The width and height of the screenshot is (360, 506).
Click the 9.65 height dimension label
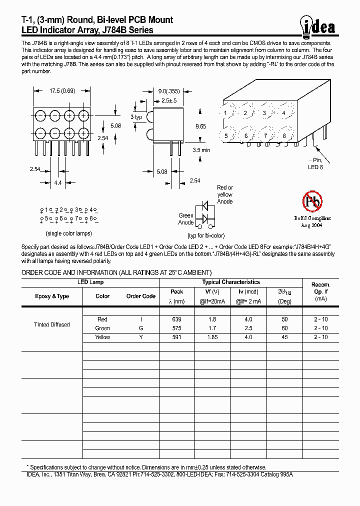tap(200, 126)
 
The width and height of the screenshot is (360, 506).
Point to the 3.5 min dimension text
tap(201, 149)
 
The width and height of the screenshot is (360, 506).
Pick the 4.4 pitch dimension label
tap(57, 183)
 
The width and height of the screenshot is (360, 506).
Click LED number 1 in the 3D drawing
tap(226, 113)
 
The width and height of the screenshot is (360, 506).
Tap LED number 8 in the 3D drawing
tap(284, 136)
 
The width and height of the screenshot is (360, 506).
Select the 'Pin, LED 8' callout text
tap(315, 163)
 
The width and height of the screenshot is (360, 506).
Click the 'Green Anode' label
tap(186, 219)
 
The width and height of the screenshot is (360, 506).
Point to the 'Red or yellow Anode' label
tap(225, 194)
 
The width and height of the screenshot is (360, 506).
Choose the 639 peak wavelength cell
tap(176, 319)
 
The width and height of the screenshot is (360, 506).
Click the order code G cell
tap(141, 328)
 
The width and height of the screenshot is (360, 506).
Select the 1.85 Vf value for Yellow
tap(212, 337)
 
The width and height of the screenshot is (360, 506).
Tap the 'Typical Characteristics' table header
tap(231, 282)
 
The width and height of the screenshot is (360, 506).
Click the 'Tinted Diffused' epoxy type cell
tap(51, 324)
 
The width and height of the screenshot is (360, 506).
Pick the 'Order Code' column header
tap(141, 296)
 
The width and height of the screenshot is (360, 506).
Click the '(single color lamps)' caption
tap(69, 233)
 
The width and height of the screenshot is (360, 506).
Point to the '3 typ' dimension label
tap(137, 116)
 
